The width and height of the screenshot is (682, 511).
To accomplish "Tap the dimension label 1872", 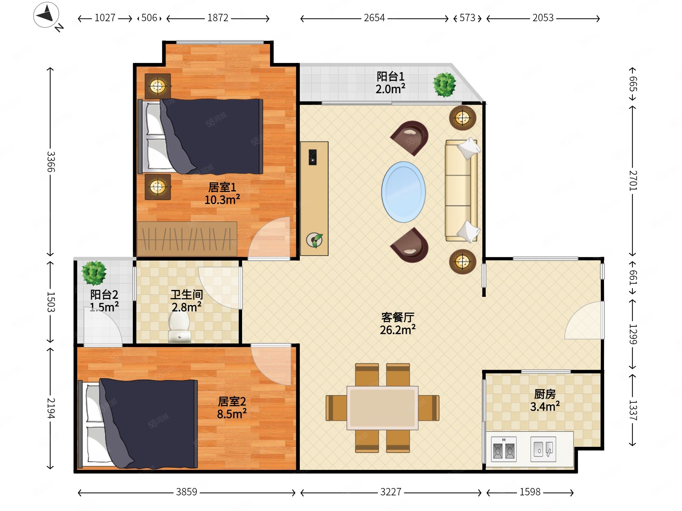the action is [x=218, y=18].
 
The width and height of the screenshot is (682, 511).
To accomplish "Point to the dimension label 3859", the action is [x=186, y=492].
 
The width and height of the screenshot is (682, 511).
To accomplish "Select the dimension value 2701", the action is [x=633, y=180].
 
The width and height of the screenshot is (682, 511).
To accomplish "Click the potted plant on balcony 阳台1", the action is [x=444, y=84].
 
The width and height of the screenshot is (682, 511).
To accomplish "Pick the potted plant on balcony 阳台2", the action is [x=94, y=273].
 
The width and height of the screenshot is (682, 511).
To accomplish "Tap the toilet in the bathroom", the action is [x=179, y=327].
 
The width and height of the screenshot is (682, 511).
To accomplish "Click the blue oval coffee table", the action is [x=404, y=192].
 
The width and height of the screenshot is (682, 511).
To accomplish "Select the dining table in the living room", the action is [x=382, y=408].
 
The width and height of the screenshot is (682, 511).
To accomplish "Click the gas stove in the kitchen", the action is [x=504, y=449].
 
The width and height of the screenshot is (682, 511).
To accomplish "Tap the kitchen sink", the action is [x=543, y=449].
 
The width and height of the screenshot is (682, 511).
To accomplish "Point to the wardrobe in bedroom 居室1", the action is [x=187, y=239].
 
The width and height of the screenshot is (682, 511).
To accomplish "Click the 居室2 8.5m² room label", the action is [x=232, y=408].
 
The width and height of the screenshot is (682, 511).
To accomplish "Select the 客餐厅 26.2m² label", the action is [x=398, y=323].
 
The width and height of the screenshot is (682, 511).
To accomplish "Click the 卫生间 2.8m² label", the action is [x=187, y=301].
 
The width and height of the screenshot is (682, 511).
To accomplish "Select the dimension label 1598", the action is [x=530, y=492].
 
